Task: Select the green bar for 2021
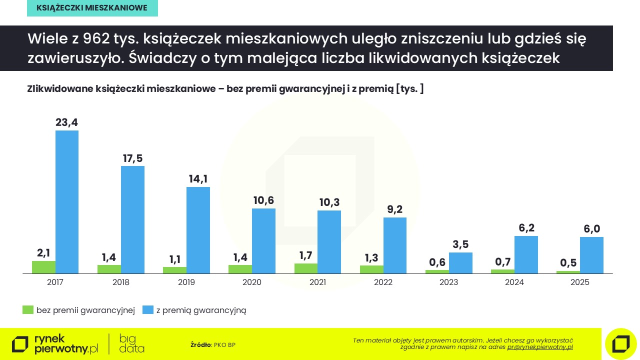pyautogui.click(x=305, y=268)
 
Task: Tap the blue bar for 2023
pyautogui.click(x=460, y=263)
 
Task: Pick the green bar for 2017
pyautogui.click(x=43, y=267)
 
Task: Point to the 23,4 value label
pyautogui.click(x=66, y=122)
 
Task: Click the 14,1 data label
pyautogui.click(x=198, y=179)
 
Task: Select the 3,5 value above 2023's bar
pyautogui.click(x=460, y=244)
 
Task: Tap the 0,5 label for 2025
pyautogui.click(x=568, y=263)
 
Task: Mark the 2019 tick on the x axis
pyautogui.click(x=186, y=282)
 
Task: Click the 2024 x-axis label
pyautogui.click(x=514, y=282)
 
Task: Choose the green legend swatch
pyautogui.click(x=28, y=310)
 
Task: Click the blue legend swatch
pyautogui.click(x=147, y=310)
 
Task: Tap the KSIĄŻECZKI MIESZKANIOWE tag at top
pyautogui.click(x=92, y=8)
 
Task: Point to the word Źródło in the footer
pyautogui.click(x=200, y=344)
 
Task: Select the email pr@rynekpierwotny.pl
pyautogui.click(x=540, y=347)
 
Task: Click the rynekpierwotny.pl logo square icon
pyautogui.click(x=20, y=344)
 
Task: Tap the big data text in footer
pyautogui.click(x=131, y=343)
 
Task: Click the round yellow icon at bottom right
pyautogui.click(x=620, y=344)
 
